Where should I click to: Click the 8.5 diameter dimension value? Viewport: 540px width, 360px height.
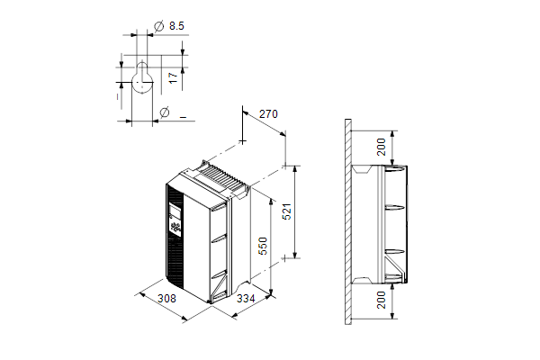[x=176, y=26]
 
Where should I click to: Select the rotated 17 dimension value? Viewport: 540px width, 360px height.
[x=174, y=77]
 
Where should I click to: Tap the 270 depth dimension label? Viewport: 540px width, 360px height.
[x=268, y=114]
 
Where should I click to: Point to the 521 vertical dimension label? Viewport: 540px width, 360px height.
[x=286, y=211]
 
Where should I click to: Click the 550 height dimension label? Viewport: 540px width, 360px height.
[x=263, y=246]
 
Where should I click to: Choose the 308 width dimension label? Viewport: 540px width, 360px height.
[x=166, y=298]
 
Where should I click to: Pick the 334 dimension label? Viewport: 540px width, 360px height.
[x=246, y=298]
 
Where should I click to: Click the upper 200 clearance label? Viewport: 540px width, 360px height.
[x=382, y=147]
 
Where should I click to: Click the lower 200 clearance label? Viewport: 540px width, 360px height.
[x=382, y=300]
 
